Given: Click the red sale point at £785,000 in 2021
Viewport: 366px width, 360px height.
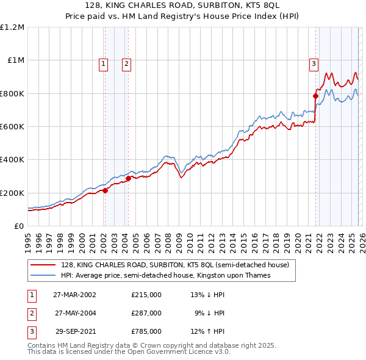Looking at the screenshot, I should click(x=316, y=96).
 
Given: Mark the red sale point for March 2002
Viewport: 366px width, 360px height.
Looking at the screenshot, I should click(x=106, y=190).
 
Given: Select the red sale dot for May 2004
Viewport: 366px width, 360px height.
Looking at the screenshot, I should click(x=129, y=178).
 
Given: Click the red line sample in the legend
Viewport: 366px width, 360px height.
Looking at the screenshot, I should click(x=44, y=265).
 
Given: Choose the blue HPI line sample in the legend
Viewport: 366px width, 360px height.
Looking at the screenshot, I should click(x=44, y=275).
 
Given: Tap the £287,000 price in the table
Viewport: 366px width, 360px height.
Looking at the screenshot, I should click(x=146, y=313).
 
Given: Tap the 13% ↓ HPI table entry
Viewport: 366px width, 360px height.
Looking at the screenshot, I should click(x=208, y=295).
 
